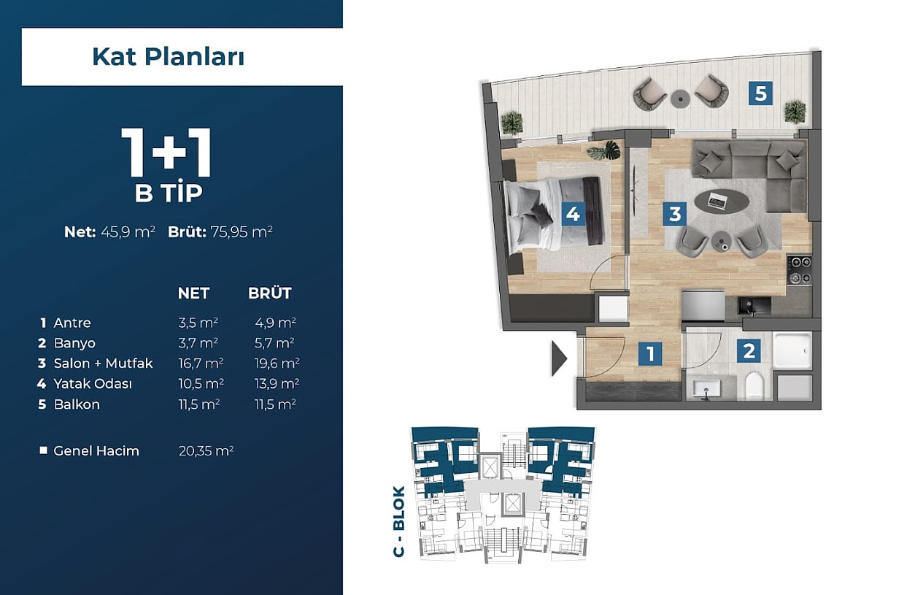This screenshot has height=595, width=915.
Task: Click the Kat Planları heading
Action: tap(169, 57)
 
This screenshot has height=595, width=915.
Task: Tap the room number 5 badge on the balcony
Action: tap(760, 93)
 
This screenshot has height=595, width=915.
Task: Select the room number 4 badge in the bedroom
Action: tap(573, 213)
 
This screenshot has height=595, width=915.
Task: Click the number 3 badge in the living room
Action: tap(675, 213)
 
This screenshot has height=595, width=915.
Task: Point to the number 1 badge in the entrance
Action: tap(651, 353)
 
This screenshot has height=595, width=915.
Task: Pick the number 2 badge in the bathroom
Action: tap(749, 350)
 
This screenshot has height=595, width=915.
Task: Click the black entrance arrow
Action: tap(559, 358)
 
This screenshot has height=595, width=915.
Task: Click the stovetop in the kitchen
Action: tap(800, 270)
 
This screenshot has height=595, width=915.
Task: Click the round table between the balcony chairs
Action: tap(680, 99)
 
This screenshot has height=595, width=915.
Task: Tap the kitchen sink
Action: tap(754, 306)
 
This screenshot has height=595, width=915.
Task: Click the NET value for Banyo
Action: tap(198, 343)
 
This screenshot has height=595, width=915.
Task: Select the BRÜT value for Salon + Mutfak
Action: tap(277, 363)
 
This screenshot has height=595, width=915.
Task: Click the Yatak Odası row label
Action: tap(93, 384)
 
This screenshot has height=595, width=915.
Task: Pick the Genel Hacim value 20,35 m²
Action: tap(206, 450)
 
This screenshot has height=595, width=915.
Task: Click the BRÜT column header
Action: tap(270, 293)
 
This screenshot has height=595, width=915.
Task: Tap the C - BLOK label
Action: tap(398, 521)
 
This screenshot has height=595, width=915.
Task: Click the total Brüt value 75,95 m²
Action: tap(242, 232)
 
